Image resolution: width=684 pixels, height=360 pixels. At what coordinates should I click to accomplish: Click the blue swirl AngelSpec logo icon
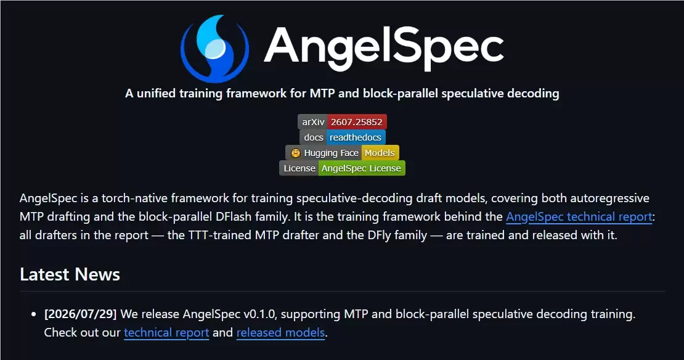click(x=214, y=48)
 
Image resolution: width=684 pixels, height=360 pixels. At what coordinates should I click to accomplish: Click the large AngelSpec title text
click(x=384, y=47)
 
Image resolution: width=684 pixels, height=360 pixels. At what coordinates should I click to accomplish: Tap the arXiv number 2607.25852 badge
click(x=356, y=122)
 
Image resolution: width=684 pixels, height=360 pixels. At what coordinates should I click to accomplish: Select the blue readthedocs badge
click(x=356, y=137)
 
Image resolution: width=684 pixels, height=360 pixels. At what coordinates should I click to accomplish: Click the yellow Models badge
click(x=380, y=153)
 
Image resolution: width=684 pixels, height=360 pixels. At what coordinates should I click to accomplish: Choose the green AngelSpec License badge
click(x=361, y=168)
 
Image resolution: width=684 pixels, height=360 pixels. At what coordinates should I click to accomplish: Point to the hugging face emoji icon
click(x=296, y=153)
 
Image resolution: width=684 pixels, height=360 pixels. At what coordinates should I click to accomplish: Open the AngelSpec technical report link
click(x=579, y=217)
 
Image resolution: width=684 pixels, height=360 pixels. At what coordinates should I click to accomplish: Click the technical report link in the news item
click(x=166, y=332)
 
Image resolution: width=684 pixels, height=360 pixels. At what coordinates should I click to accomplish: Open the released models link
click(x=280, y=332)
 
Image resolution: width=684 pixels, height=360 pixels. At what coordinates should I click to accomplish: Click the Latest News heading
click(x=70, y=274)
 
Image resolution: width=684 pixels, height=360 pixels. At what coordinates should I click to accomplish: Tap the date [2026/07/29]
click(x=80, y=314)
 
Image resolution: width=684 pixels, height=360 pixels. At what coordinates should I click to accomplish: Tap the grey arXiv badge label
click(x=313, y=122)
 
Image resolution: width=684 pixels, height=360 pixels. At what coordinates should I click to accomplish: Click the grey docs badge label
click(x=313, y=137)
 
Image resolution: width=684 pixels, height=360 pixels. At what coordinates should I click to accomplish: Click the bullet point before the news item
click(x=34, y=314)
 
